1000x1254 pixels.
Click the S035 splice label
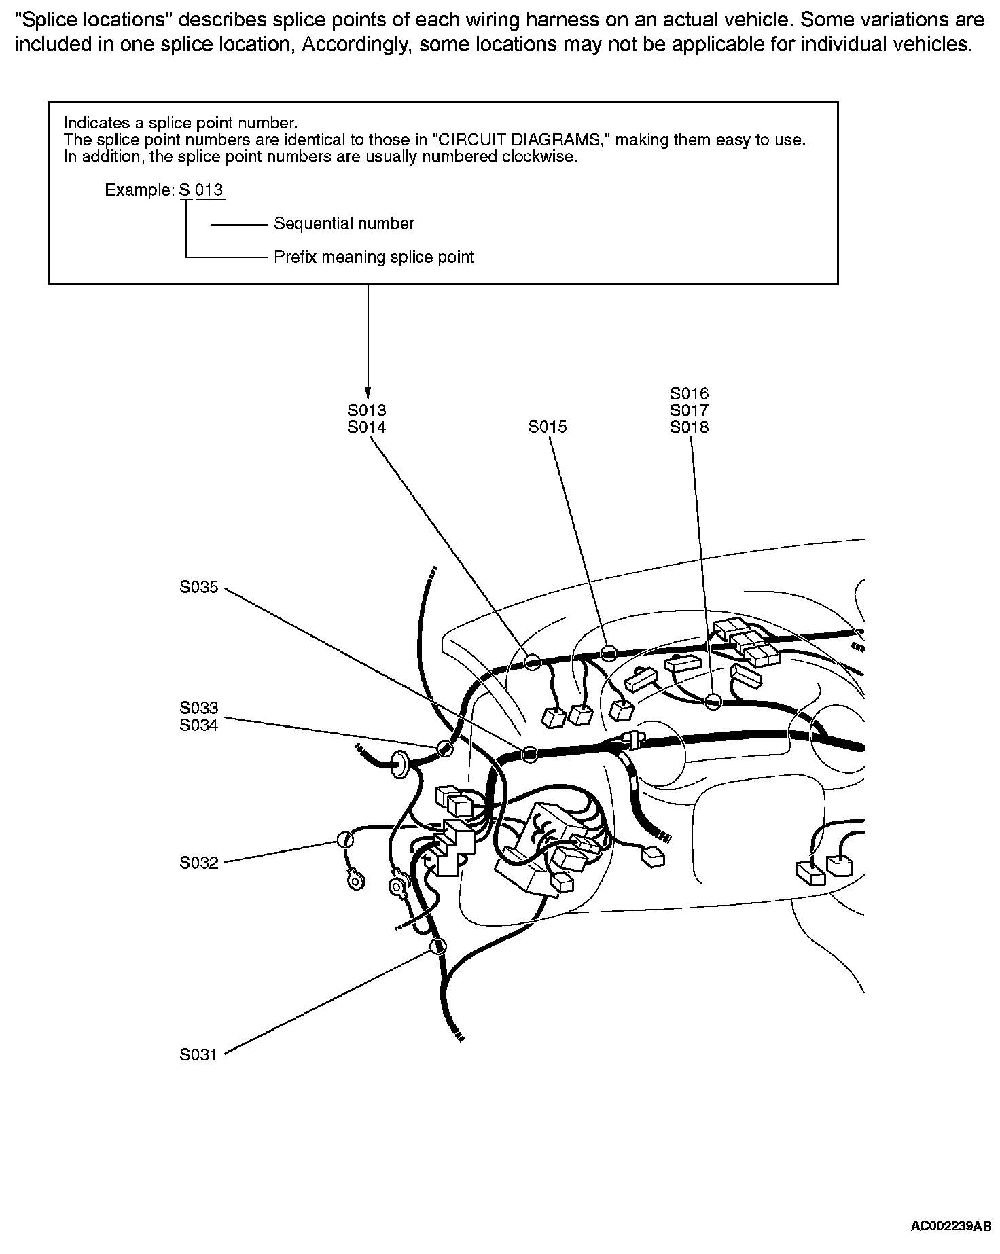click(x=199, y=587)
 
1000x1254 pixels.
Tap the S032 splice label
click(x=199, y=863)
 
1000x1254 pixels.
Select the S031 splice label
click(x=199, y=1055)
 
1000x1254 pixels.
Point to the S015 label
click(x=548, y=427)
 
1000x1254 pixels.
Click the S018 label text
click(x=689, y=427)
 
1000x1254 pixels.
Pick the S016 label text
click(x=689, y=393)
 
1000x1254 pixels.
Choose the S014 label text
click(x=367, y=427)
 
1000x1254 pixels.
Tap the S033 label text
click(x=199, y=709)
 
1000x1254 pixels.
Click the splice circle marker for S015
click(x=609, y=653)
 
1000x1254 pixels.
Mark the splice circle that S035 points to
click(x=530, y=753)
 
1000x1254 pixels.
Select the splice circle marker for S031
click(x=439, y=946)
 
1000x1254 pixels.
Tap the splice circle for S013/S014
click(x=533, y=661)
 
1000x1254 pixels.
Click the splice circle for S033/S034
click(x=444, y=749)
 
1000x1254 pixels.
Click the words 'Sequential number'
click(x=344, y=223)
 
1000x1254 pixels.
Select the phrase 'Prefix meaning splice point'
click(x=374, y=257)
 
